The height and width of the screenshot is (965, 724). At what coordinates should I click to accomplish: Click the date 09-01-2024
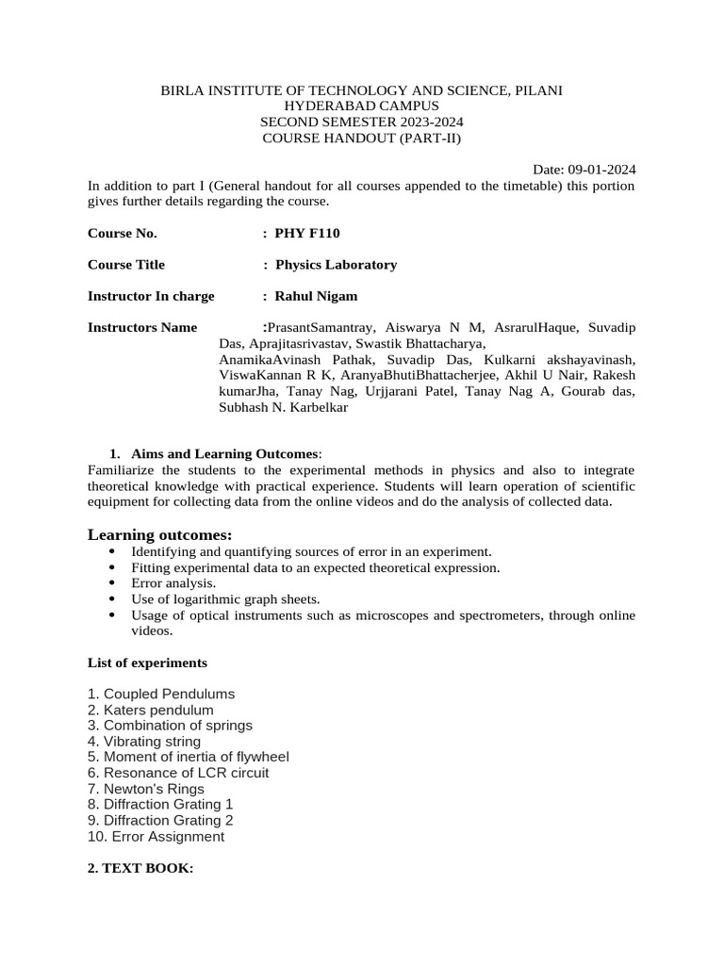coord(601,170)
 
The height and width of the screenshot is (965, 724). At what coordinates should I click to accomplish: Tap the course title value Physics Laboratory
coord(336,265)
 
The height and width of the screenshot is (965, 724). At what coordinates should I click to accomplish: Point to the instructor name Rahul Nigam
coord(316,296)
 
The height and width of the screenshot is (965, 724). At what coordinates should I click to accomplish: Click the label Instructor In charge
coord(151,296)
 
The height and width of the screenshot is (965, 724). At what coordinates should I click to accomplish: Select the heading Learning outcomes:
coord(159,535)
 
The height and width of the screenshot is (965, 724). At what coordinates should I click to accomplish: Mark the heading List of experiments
coord(147,662)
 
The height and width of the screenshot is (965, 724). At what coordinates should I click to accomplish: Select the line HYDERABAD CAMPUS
coord(362,106)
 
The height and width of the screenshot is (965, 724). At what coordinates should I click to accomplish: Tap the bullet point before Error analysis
coord(114,583)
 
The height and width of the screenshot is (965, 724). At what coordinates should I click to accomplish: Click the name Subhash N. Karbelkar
coord(283,407)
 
